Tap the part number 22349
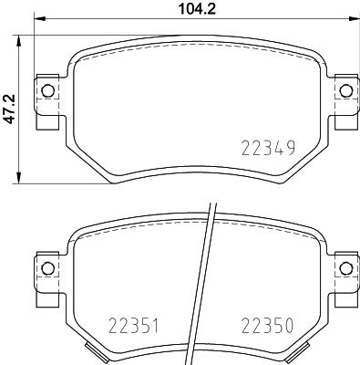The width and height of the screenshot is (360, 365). [268, 148]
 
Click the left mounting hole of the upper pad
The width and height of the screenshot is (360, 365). [46, 89]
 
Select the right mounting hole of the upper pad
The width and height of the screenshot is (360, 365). [344, 89]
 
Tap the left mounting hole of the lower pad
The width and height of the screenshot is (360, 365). [46, 266]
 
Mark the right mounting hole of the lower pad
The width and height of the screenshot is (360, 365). [344, 266]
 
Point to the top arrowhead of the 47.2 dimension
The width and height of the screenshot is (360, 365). [20, 36]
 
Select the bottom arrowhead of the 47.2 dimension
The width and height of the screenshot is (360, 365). [20, 180]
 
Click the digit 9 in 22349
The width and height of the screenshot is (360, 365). [292, 148]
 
